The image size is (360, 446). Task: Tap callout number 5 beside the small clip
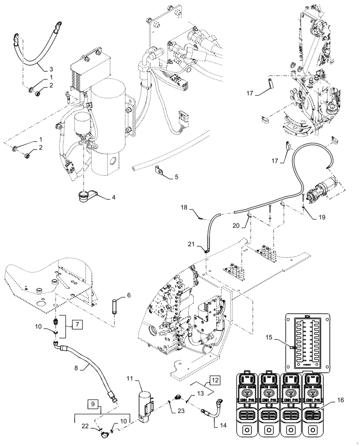[176, 177]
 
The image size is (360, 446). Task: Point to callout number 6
[128, 295]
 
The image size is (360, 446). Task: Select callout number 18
[184, 207]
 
